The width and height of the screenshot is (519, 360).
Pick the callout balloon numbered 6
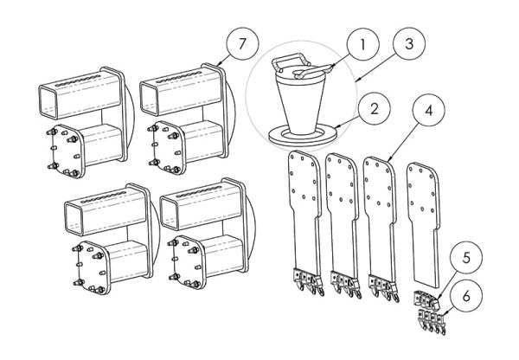[468, 295]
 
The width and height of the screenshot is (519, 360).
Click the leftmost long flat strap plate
[302, 216]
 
